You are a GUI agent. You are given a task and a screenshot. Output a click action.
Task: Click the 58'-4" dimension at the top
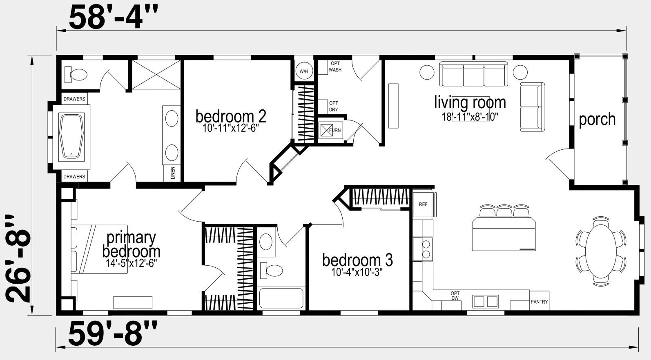coord(114,18)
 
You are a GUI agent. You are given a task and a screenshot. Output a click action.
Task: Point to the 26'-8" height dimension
coord(18,259)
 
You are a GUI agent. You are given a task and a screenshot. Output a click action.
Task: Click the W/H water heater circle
coord(304,71)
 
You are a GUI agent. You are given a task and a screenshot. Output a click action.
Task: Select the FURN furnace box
coord(331,130)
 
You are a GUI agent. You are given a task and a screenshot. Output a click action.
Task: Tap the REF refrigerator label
coord(423,204)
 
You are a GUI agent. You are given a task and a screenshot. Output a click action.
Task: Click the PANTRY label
coord(539,302)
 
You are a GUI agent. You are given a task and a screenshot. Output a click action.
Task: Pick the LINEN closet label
coord(173,173)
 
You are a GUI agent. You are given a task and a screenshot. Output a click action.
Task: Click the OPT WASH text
coord(335,67)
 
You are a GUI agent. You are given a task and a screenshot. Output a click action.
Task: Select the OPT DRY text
coord(333,107)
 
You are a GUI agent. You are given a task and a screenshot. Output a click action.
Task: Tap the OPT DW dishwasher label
coord(455,296)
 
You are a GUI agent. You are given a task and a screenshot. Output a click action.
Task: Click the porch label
coord(597,120)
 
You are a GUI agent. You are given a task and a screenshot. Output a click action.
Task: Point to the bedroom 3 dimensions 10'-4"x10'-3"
coord(357,272)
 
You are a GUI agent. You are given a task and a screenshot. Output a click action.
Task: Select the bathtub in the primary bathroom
coord(71,137)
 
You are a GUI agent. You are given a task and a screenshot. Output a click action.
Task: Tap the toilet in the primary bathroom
coord(76,75)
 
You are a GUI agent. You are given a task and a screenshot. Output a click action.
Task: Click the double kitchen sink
coord(485,302)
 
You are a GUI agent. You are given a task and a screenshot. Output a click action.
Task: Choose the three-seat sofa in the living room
coord(473,74)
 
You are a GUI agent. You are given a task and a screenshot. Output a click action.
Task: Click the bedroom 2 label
coord(231,116)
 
